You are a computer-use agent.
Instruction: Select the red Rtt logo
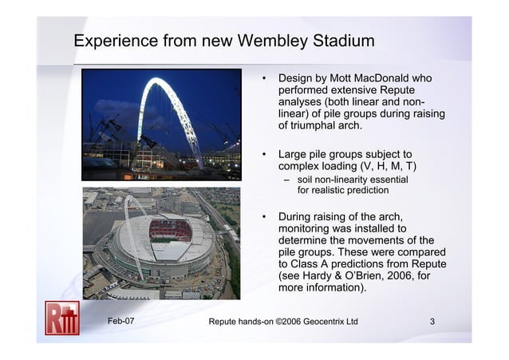pyautogui.click(x=61, y=317)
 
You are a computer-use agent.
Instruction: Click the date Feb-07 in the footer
pyautogui.click(x=121, y=322)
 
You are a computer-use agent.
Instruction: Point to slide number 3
pyautogui.click(x=432, y=322)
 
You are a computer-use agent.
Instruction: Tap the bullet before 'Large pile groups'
pyautogui.click(x=263, y=154)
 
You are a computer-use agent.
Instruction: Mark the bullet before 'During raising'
pyautogui.click(x=263, y=217)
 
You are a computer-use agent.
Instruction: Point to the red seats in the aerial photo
pyautogui.click(x=170, y=231)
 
